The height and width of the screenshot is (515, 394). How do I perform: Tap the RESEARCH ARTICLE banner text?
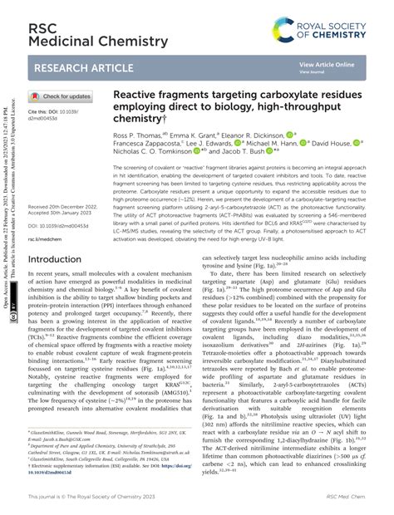81,69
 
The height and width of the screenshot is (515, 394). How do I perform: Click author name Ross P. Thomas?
137,134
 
